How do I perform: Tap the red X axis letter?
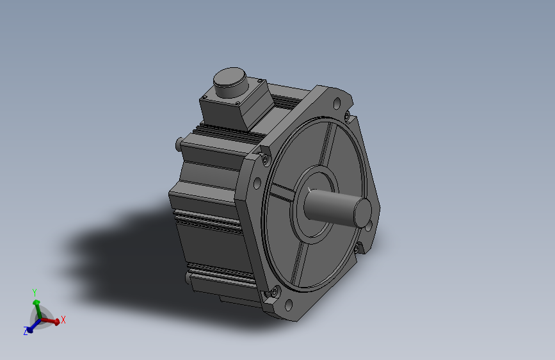click(63, 320)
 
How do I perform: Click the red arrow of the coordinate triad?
click(51, 320)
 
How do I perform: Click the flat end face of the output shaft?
click(363, 210)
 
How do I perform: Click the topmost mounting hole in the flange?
click(335, 102)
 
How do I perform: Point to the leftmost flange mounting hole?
click(257, 184)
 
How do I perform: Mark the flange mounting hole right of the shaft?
click(370, 224)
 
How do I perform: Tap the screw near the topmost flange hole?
click(346, 116)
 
